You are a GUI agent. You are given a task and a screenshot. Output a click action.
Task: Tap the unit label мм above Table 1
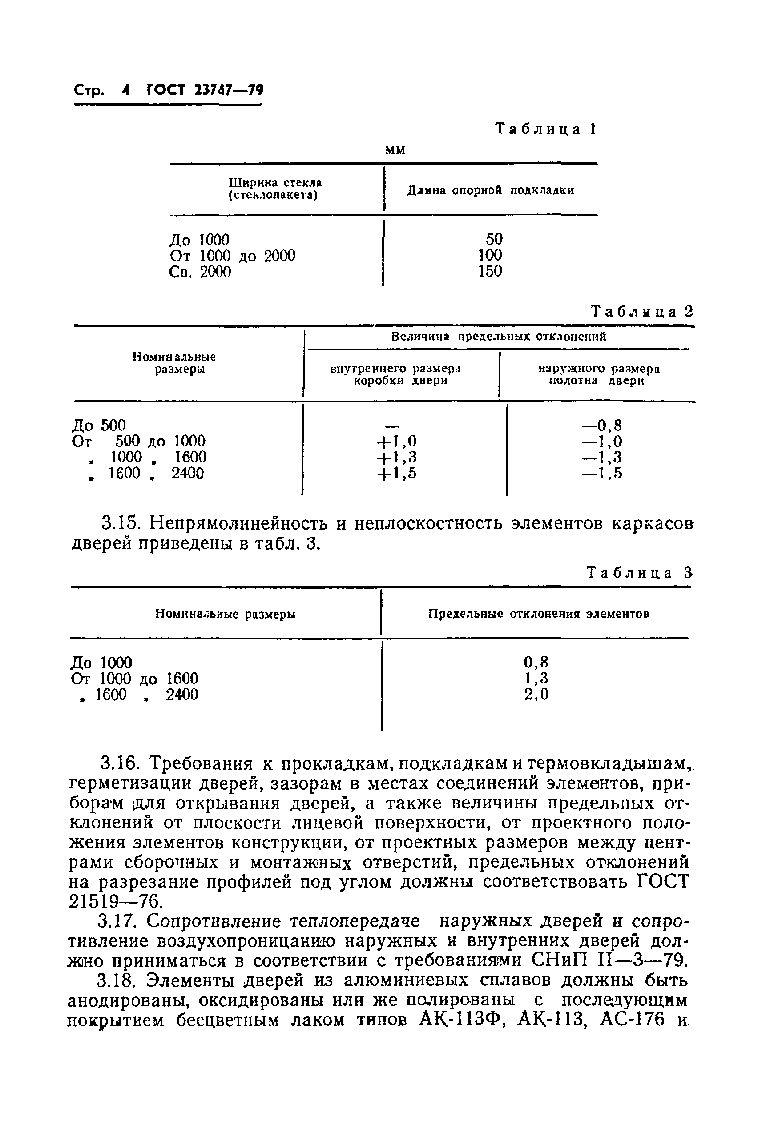tap(395, 150)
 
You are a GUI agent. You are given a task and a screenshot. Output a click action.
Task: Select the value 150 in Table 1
tap(490, 271)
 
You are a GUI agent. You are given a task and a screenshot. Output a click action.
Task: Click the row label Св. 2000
tap(200, 272)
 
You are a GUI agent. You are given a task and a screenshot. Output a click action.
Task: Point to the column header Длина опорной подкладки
tap(490, 190)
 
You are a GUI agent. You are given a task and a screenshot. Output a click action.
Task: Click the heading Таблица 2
tap(641, 311)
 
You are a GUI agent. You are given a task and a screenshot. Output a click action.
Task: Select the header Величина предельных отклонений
tap(499, 337)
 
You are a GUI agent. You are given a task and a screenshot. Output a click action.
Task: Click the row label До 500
tap(99, 426)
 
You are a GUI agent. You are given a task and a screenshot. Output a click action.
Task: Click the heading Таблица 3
tap(639, 573)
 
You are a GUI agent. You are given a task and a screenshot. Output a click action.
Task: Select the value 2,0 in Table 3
tap(536, 694)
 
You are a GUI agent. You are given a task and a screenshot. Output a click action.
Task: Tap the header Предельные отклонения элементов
tap(538, 614)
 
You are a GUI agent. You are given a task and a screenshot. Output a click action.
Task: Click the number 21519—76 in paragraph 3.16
tap(114, 902)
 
